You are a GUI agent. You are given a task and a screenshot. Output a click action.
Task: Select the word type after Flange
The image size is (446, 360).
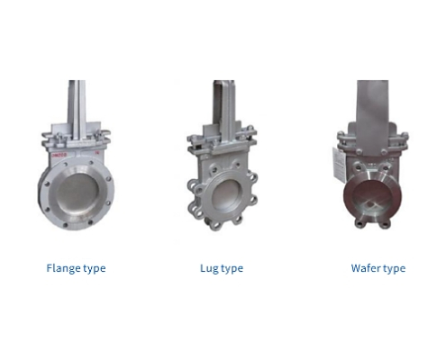[95, 268]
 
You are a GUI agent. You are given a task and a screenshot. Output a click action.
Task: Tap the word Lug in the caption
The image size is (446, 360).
[209, 268]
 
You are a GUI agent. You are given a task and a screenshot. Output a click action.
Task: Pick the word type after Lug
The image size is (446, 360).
[232, 268]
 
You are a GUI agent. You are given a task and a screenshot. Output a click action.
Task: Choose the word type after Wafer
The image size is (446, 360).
[394, 268]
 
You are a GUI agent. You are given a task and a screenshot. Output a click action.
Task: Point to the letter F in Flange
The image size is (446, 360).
[50, 268]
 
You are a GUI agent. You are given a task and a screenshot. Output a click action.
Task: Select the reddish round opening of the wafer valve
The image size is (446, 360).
[372, 197]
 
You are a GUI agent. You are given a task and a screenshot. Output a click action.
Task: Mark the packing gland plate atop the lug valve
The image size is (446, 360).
[222, 140]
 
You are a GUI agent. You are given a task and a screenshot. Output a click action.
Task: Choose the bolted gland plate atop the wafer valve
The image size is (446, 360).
[372, 139]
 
